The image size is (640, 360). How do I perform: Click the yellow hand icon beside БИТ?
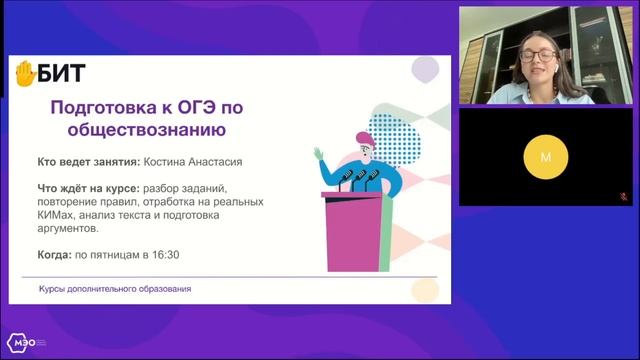25,73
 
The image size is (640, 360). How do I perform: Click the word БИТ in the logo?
62,73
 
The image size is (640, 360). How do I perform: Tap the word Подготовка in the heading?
91,108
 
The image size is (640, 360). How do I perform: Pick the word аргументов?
72,229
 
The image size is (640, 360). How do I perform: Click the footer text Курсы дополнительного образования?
115,289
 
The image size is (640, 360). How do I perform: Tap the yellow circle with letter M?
545,157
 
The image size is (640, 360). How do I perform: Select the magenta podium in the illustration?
354,230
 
